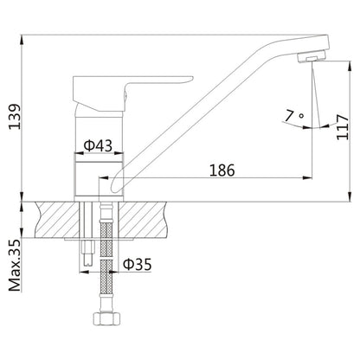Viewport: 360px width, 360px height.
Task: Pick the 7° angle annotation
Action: pos(292,112)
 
